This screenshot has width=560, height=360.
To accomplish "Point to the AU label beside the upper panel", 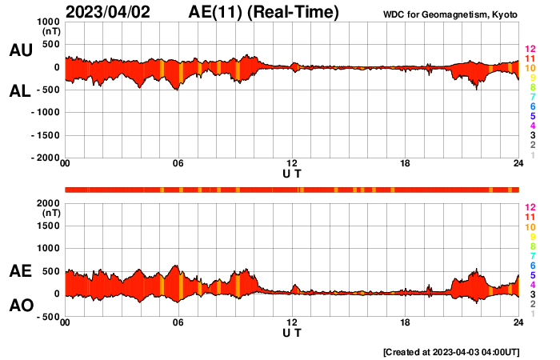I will click(x=21, y=50).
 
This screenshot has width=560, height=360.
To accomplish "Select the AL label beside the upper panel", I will click(x=21, y=91).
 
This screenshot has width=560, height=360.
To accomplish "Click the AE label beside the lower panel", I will click(x=21, y=271).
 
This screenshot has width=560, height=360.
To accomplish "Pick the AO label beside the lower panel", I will click(x=21, y=306).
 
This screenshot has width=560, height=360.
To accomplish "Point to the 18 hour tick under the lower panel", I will click(x=406, y=323).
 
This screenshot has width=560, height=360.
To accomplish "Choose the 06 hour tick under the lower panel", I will click(x=178, y=323).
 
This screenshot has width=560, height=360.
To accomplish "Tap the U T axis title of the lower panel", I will click(x=292, y=333).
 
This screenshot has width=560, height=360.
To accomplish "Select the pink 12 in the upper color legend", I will click(x=530, y=50).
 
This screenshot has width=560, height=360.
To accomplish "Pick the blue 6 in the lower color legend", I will click(x=531, y=265).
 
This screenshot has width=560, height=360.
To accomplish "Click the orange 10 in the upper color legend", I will click(x=530, y=68).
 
